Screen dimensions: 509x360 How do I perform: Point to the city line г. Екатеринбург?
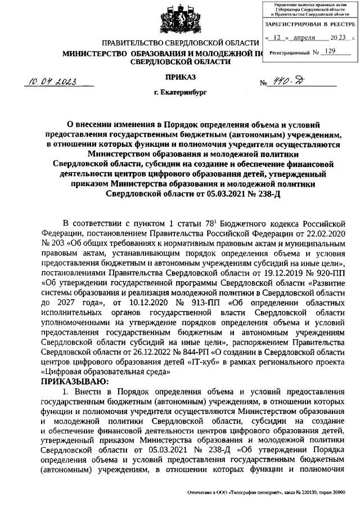pyautogui.click(x=181, y=91)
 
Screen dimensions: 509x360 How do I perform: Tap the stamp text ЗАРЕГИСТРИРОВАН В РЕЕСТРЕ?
pyautogui.click(x=309, y=25)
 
